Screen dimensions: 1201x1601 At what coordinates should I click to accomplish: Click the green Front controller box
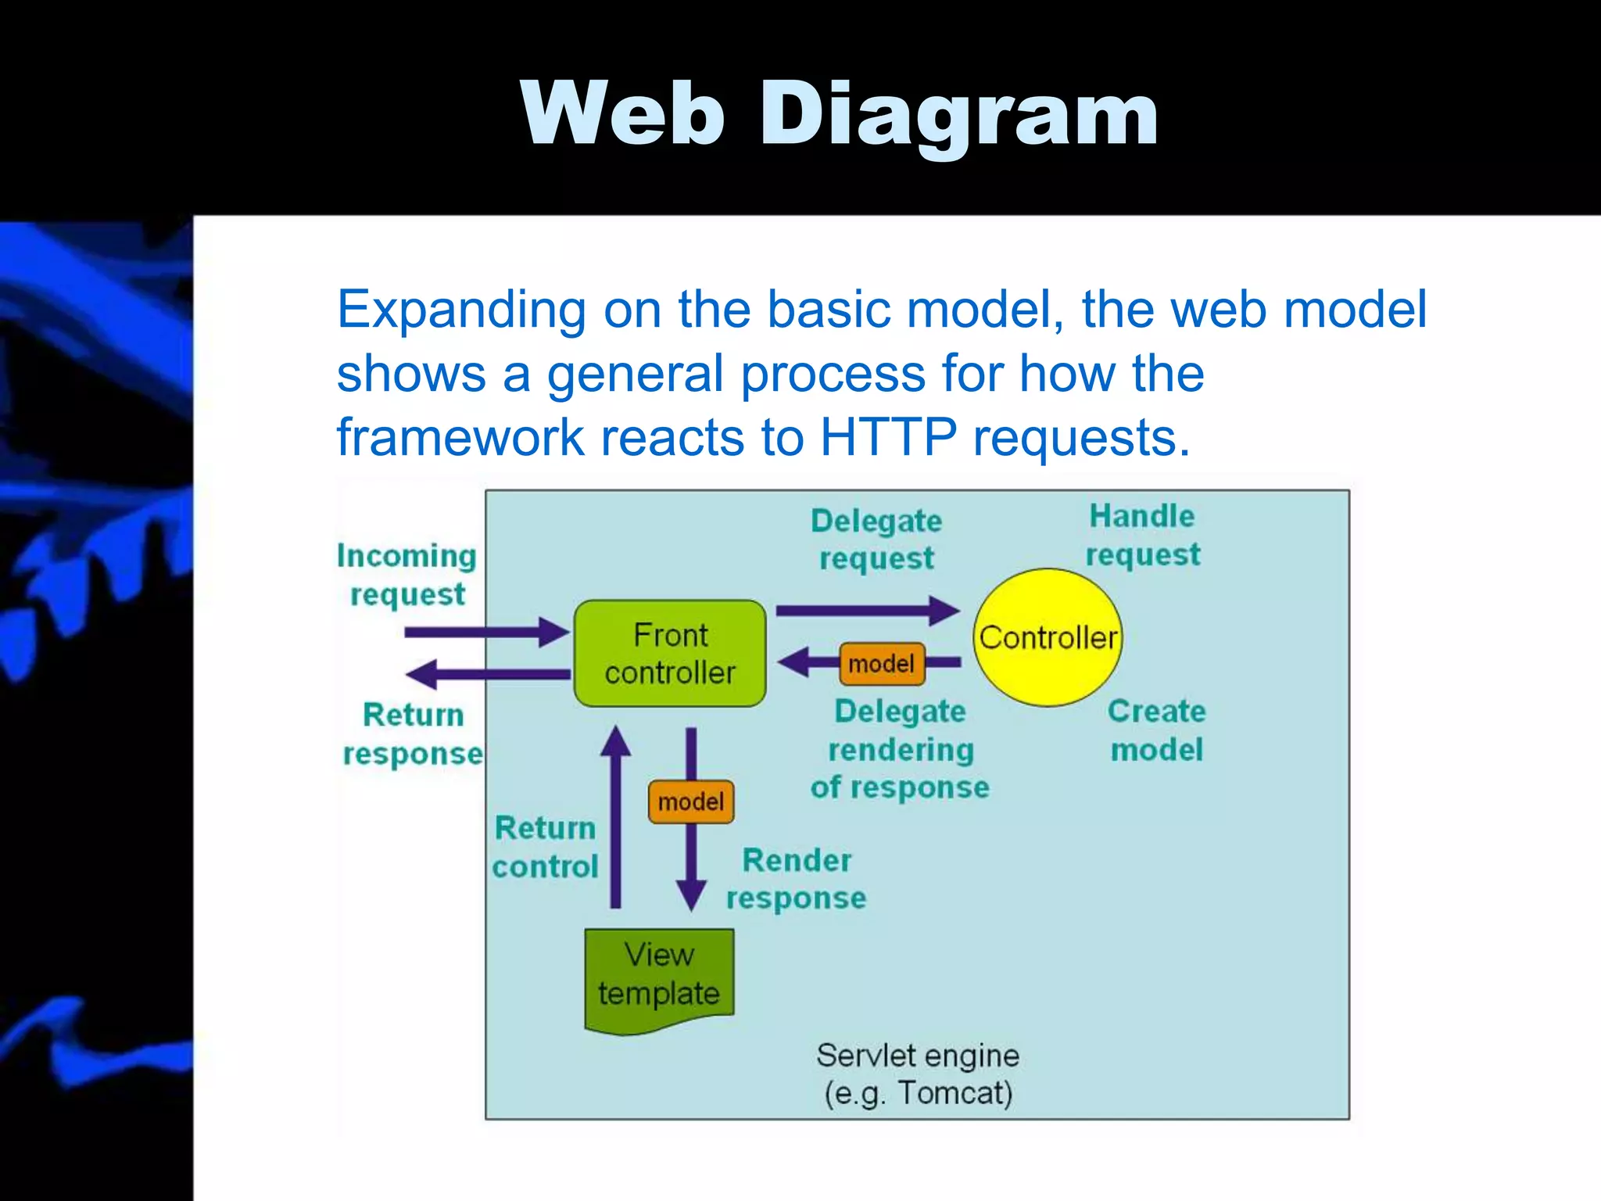tap(670, 654)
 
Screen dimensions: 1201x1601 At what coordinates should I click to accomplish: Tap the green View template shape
tap(659, 977)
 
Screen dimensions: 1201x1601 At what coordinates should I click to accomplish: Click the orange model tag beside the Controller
tap(882, 664)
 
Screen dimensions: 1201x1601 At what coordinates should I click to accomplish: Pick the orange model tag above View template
tap(691, 801)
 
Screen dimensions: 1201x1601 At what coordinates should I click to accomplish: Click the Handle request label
tap(1142, 536)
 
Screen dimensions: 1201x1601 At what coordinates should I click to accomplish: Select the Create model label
tap(1156, 730)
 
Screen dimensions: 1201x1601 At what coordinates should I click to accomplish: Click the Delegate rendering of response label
tap(900, 749)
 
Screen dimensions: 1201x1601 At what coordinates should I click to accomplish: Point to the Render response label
tap(796, 879)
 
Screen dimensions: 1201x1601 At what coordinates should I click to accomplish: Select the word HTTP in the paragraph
tap(888, 437)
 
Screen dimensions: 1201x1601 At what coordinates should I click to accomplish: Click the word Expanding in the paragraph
tap(461, 310)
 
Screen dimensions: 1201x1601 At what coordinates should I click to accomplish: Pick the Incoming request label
tap(407, 575)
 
